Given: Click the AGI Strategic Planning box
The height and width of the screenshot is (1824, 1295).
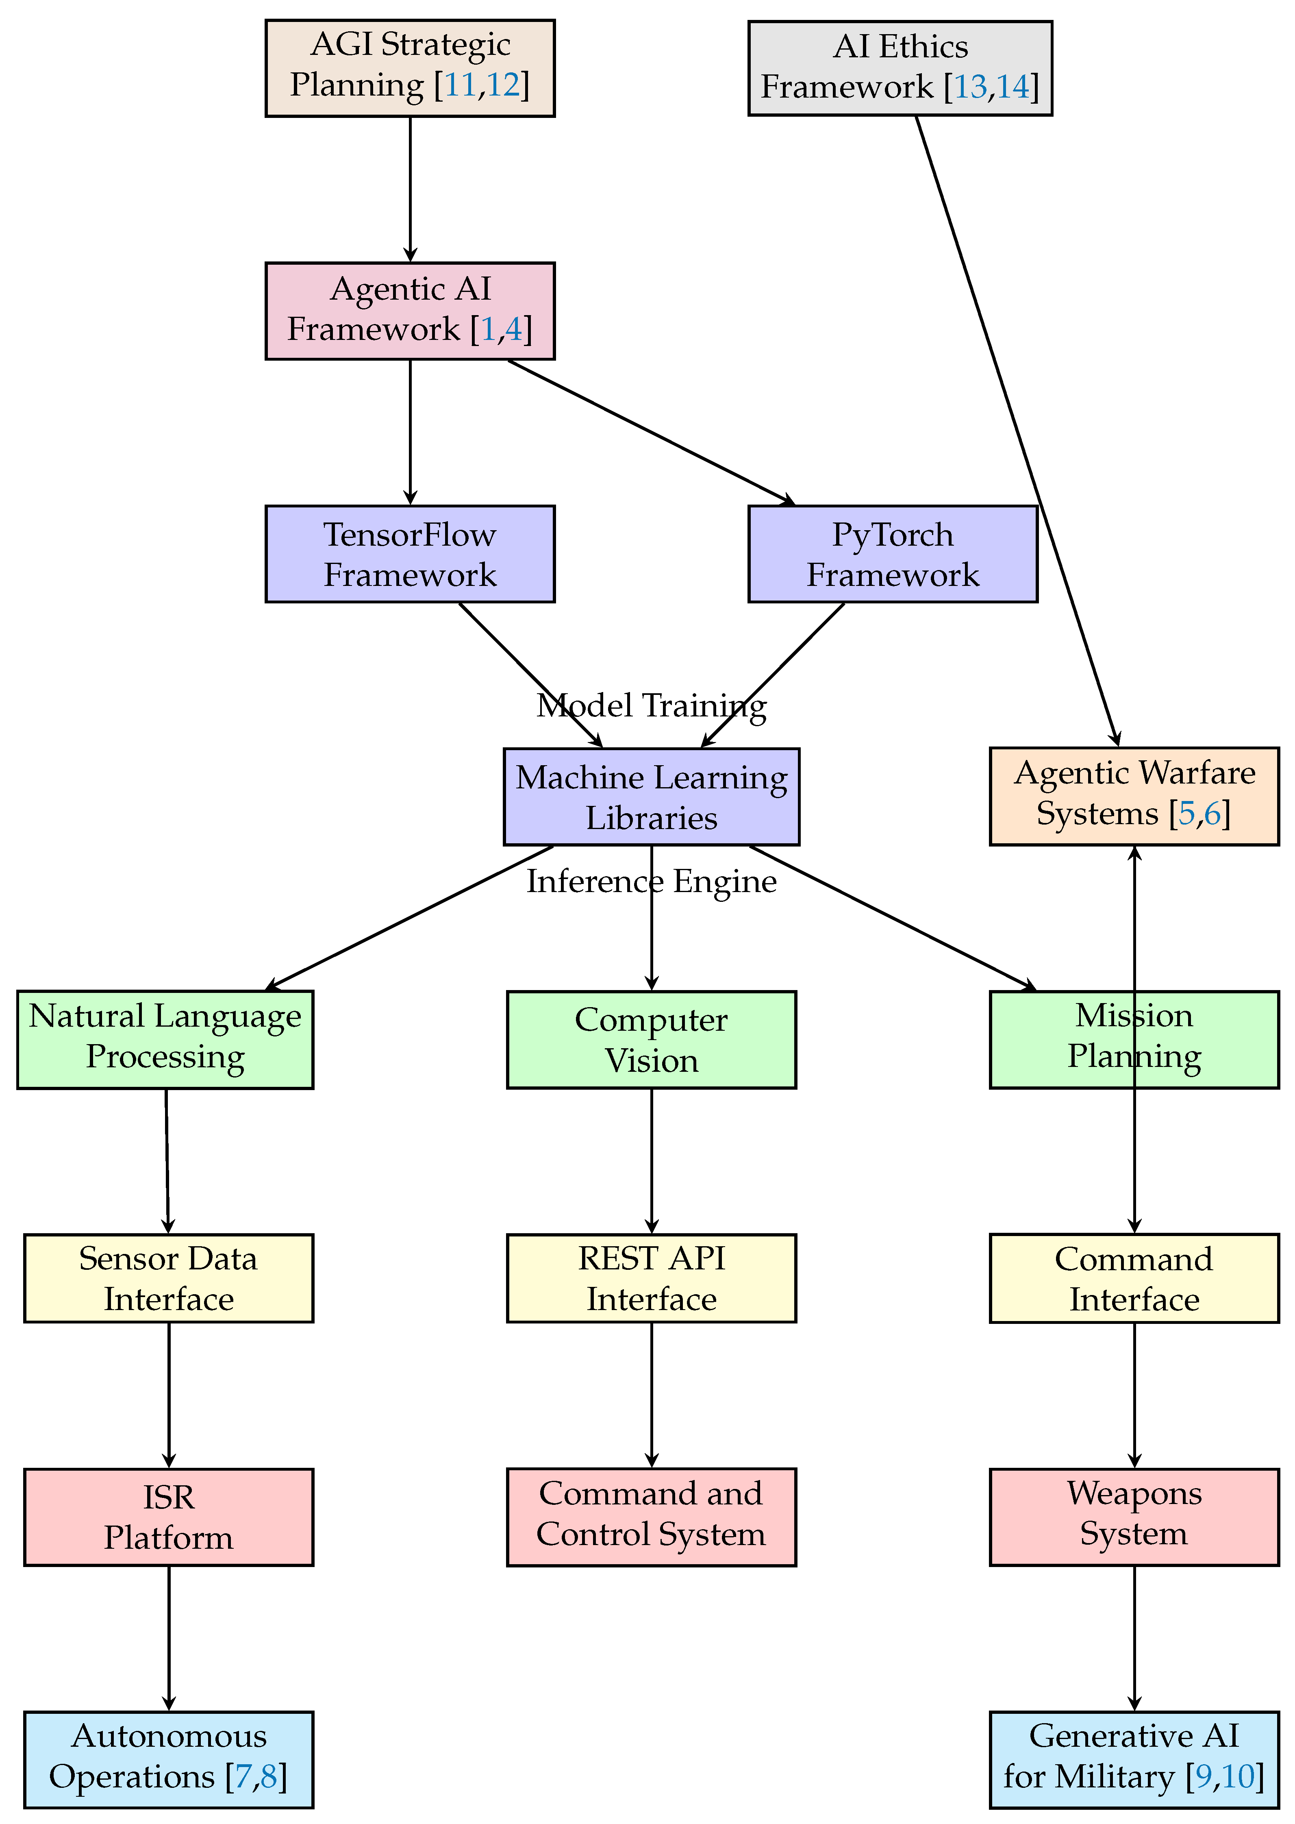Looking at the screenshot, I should click(410, 69).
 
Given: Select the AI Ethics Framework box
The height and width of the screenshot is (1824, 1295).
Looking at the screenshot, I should click(900, 69).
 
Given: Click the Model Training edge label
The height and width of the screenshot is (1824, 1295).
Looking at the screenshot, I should click(652, 706).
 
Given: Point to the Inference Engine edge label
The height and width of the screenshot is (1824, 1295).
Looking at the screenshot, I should click(652, 881).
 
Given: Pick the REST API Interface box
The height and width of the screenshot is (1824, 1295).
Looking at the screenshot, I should click(652, 1278).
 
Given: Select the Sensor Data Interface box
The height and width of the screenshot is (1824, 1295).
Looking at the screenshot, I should click(168, 1278).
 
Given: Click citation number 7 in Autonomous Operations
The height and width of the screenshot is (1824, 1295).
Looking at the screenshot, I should click(242, 1777).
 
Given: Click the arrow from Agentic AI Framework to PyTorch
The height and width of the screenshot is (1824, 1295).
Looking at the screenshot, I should click(650, 432).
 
